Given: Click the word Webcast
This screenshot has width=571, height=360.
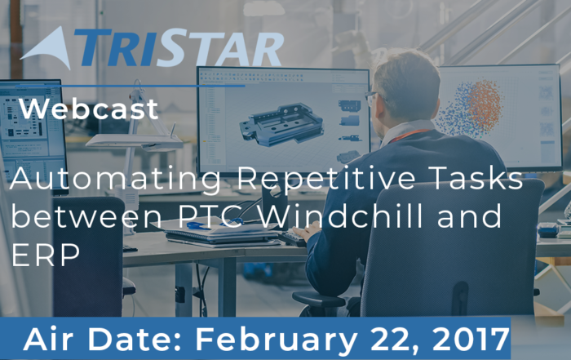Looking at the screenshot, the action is pos(88,109).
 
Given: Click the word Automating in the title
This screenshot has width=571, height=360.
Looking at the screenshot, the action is pos(116,179).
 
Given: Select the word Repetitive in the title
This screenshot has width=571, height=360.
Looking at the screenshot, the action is pos(326,178).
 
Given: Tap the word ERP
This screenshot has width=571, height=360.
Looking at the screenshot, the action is pos(46,255).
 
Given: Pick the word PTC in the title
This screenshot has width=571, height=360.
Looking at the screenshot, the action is pos(210,216).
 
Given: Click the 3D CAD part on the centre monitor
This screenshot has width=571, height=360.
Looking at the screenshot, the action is pos(281,125).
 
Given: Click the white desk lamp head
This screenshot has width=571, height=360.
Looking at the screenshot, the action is pos(135,141).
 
